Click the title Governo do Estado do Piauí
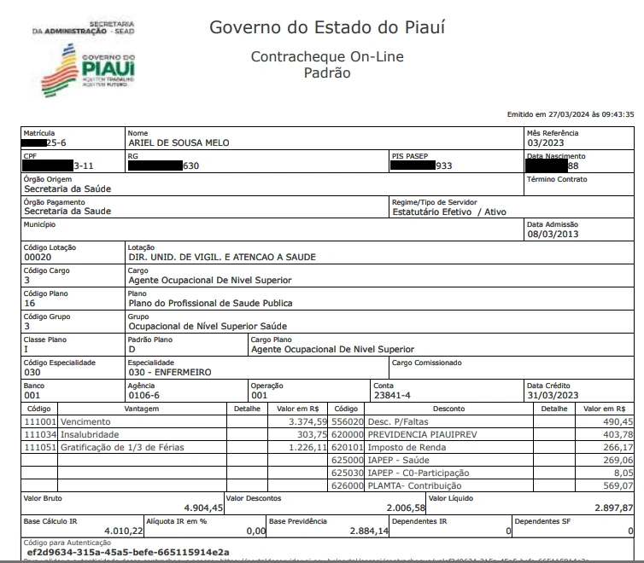tap(327, 27)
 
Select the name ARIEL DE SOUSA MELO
tap(178, 142)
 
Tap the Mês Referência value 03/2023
tap(546, 142)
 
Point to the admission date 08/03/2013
tap(553, 234)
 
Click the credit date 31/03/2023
tap(553, 395)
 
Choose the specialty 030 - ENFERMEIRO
tap(169, 372)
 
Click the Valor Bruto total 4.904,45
tap(203, 508)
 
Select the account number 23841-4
tap(392, 395)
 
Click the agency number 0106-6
tap(143, 395)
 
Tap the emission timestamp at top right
tap(570, 113)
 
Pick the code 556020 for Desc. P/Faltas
tap(348, 421)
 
